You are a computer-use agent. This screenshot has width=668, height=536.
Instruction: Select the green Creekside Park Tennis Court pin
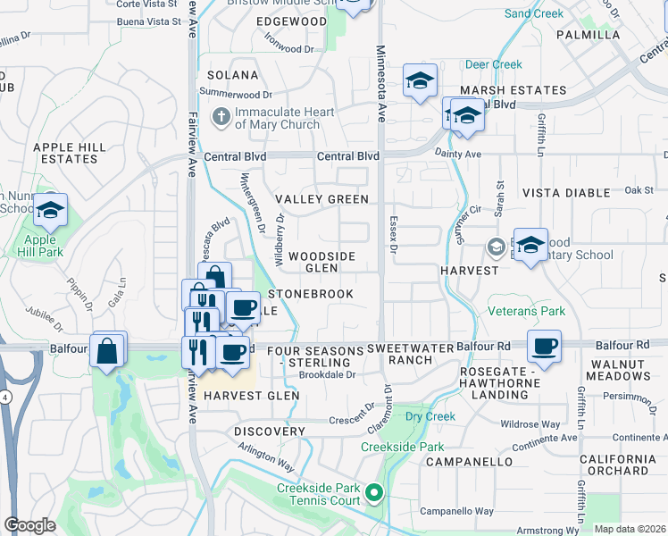(x=375, y=492)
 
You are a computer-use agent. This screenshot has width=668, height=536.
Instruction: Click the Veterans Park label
(x=527, y=312)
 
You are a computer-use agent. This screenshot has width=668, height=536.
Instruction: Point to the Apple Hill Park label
(x=40, y=246)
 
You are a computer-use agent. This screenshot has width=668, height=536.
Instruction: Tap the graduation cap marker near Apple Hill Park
(x=51, y=211)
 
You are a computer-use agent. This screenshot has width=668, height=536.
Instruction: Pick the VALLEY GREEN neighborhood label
(x=321, y=199)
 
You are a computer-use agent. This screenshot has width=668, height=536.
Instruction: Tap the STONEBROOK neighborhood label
(x=311, y=294)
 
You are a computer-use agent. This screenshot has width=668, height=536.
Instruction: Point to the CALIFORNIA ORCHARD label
(x=614, y=465)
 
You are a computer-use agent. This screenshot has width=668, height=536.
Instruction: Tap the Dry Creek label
(x=430, y=416)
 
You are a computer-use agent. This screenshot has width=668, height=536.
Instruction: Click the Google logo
(x=29, y=524)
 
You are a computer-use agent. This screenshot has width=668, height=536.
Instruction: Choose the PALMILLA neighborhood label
(x=588, y=35)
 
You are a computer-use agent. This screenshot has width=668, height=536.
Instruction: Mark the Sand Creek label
(x=534, y=13)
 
